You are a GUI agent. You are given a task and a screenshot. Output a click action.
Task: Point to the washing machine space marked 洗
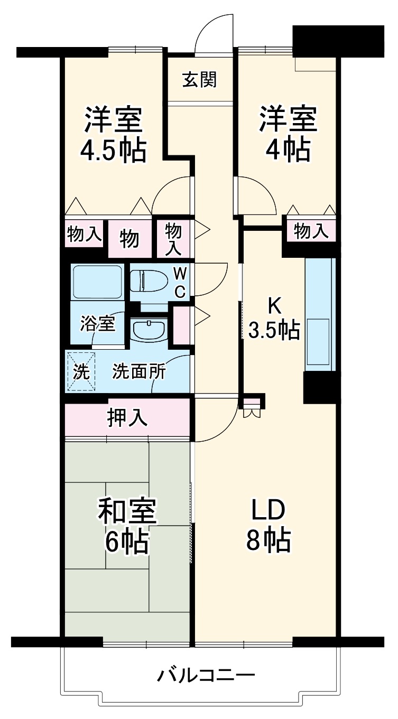(81, 371)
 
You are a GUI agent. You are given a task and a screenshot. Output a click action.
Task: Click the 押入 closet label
(127, 418)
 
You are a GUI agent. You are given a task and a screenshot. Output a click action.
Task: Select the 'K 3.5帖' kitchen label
(274, 319)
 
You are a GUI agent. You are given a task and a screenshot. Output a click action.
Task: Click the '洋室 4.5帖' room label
(113, 135)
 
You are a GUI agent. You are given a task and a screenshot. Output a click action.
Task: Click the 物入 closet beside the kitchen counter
(311, 231)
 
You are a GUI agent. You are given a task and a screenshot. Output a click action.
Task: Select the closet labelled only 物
(129, 239)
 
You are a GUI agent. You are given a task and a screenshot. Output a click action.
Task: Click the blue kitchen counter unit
(320, 313)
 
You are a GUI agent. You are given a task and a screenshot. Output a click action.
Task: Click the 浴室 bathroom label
(98, 323)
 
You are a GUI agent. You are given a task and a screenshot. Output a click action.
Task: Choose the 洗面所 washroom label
(138, 371)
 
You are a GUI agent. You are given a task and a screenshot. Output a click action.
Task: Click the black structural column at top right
(338, 40)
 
